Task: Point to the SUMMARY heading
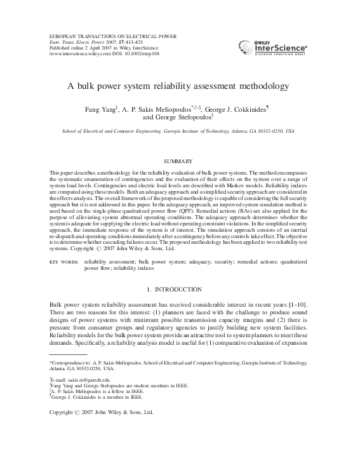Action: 179,163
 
